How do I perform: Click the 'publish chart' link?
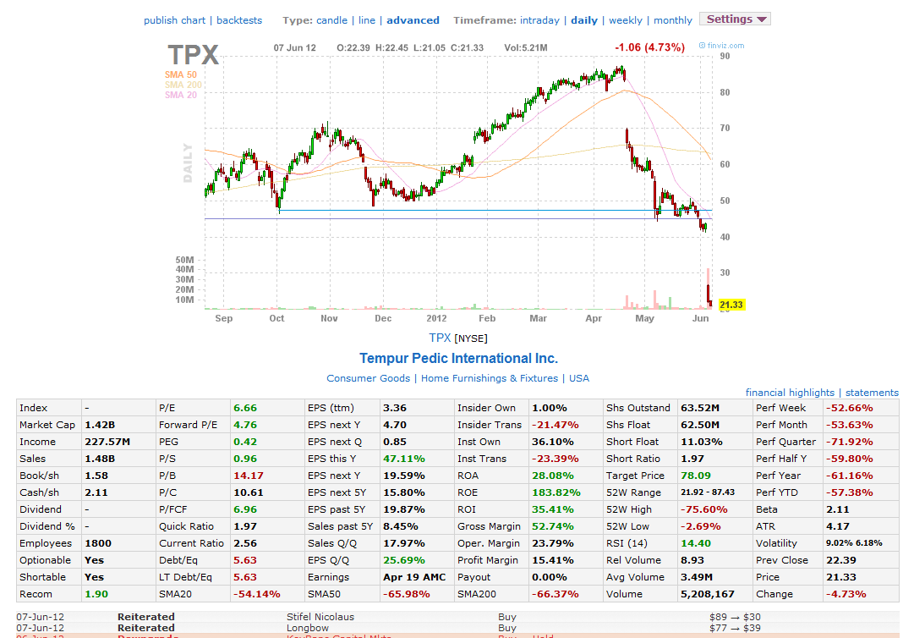(x=174, y=20)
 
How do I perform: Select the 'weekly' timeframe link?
(x=625, y=20)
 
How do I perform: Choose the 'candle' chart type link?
(x=331, y=20)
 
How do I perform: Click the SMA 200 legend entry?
(x=183, y=85)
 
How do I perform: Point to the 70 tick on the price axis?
(x=725, y=128)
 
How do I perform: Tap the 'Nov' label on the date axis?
(x=329, y=319)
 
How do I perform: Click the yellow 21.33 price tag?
(x=731, y=305)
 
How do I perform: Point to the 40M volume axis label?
(x=184, y=270)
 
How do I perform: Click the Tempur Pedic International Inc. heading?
(x=458, y=358)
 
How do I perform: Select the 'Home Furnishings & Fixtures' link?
(x=489, y=378)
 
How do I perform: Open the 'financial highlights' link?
(x=789, y=393)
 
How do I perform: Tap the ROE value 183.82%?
(x=556, y=492)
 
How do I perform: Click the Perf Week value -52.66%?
(x=849, y=408)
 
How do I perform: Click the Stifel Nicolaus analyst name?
(x=320, y=617)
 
